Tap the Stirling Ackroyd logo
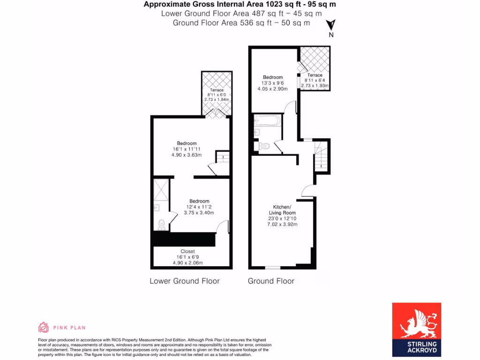[x=416, y=327]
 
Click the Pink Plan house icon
[x=43, y=327]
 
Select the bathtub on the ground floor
[x=267, y=121]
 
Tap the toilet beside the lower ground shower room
[x=161, y=225]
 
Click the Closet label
[x=187, y=251]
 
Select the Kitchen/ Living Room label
[x=282, y=210]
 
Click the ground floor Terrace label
[x=315, y=75]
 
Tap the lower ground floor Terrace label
[x=217, y=90]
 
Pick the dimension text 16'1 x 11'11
[x=187, y=150]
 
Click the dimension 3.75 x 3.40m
[x=199, y=212]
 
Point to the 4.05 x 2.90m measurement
[x=272, y=89]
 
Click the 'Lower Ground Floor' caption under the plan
[x=184, y=281]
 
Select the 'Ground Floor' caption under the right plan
[x=271, y=281]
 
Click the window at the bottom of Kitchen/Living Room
[x=272, y=268]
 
